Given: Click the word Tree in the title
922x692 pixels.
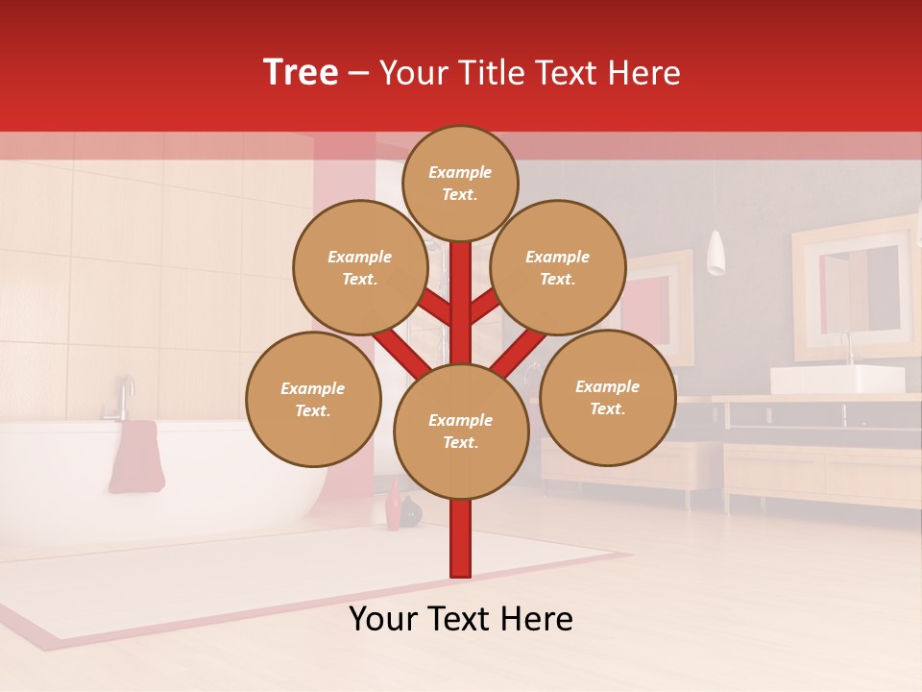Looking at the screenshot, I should coord(301,72).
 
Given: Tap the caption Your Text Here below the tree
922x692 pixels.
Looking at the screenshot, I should coord(460,619).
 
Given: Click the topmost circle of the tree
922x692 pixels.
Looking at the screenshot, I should coord(460,183).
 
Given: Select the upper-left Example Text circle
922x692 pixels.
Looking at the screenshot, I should coord(360,267).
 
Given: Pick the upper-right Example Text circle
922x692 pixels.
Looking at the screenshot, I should coord(558,267).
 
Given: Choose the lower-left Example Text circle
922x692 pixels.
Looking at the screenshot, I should coord(313,399).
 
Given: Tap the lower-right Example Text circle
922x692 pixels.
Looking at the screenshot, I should coord(608,397).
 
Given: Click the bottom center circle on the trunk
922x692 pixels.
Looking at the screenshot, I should coord(461,432).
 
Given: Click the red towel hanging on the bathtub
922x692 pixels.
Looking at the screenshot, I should coord(135,457).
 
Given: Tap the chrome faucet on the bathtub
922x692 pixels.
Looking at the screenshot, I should coord(122,398).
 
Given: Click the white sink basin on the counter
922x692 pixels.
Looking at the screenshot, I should coord(837,380).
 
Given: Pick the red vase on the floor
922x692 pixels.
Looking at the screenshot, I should coord(394,507).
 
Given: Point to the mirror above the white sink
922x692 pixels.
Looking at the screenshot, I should coord(854,288).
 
